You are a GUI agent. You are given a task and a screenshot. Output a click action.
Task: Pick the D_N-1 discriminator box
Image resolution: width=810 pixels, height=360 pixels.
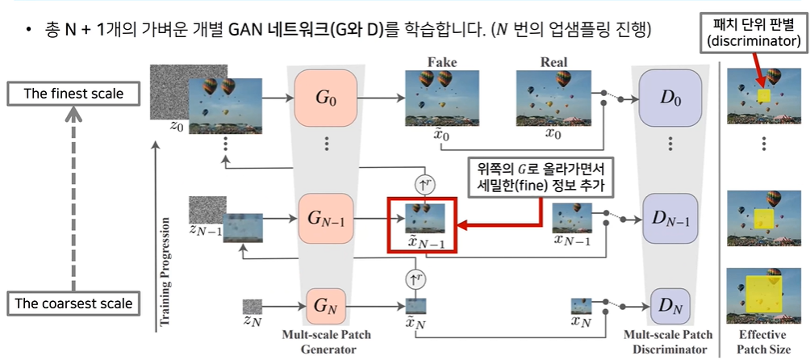[x=670, y=218]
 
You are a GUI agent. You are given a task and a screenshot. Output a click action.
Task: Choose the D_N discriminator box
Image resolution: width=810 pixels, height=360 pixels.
[x=670, y=305]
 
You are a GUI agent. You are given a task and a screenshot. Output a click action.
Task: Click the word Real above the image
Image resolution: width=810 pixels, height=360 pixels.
[x=553, y=62]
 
